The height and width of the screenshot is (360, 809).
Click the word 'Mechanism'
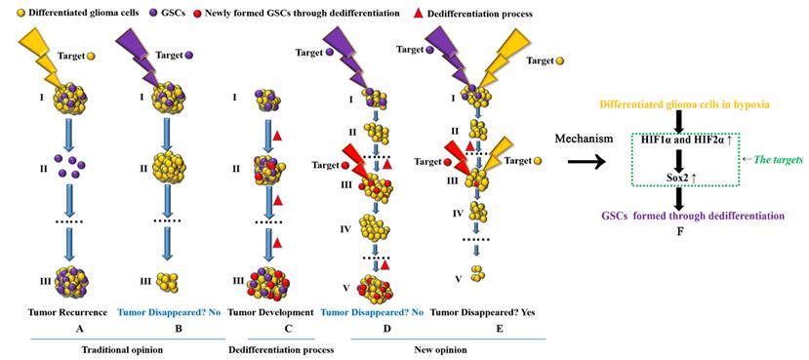582,140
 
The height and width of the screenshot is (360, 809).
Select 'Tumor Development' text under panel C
270,312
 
